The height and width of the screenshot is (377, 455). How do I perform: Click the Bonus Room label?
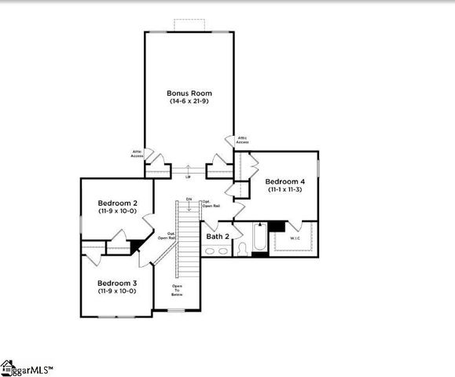pos(189,93)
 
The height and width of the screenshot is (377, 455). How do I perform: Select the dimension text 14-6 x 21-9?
pos(189,101)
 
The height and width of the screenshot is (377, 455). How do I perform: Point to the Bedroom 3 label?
pos(117,282)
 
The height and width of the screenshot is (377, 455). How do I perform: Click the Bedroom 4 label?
pos(284,180)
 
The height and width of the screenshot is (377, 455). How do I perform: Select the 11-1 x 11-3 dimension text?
pos(284,188)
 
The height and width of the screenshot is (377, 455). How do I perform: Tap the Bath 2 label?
pos(218,236)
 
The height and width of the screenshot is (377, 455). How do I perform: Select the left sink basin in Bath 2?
pos(210,251)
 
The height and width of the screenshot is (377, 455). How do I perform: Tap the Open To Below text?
pos(167,290)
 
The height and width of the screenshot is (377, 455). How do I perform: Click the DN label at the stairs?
pos(189,199)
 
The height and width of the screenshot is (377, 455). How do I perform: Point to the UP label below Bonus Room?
pos(188,178)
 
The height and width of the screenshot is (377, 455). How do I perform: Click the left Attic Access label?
pos(138,154)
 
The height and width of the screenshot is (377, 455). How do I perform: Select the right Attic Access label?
pos(242,140)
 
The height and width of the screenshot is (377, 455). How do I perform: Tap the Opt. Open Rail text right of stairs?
pos(211,204)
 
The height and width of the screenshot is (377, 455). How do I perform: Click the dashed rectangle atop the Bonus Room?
pos(189,24)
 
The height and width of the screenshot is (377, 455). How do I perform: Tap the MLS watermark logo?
pos(31,368)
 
